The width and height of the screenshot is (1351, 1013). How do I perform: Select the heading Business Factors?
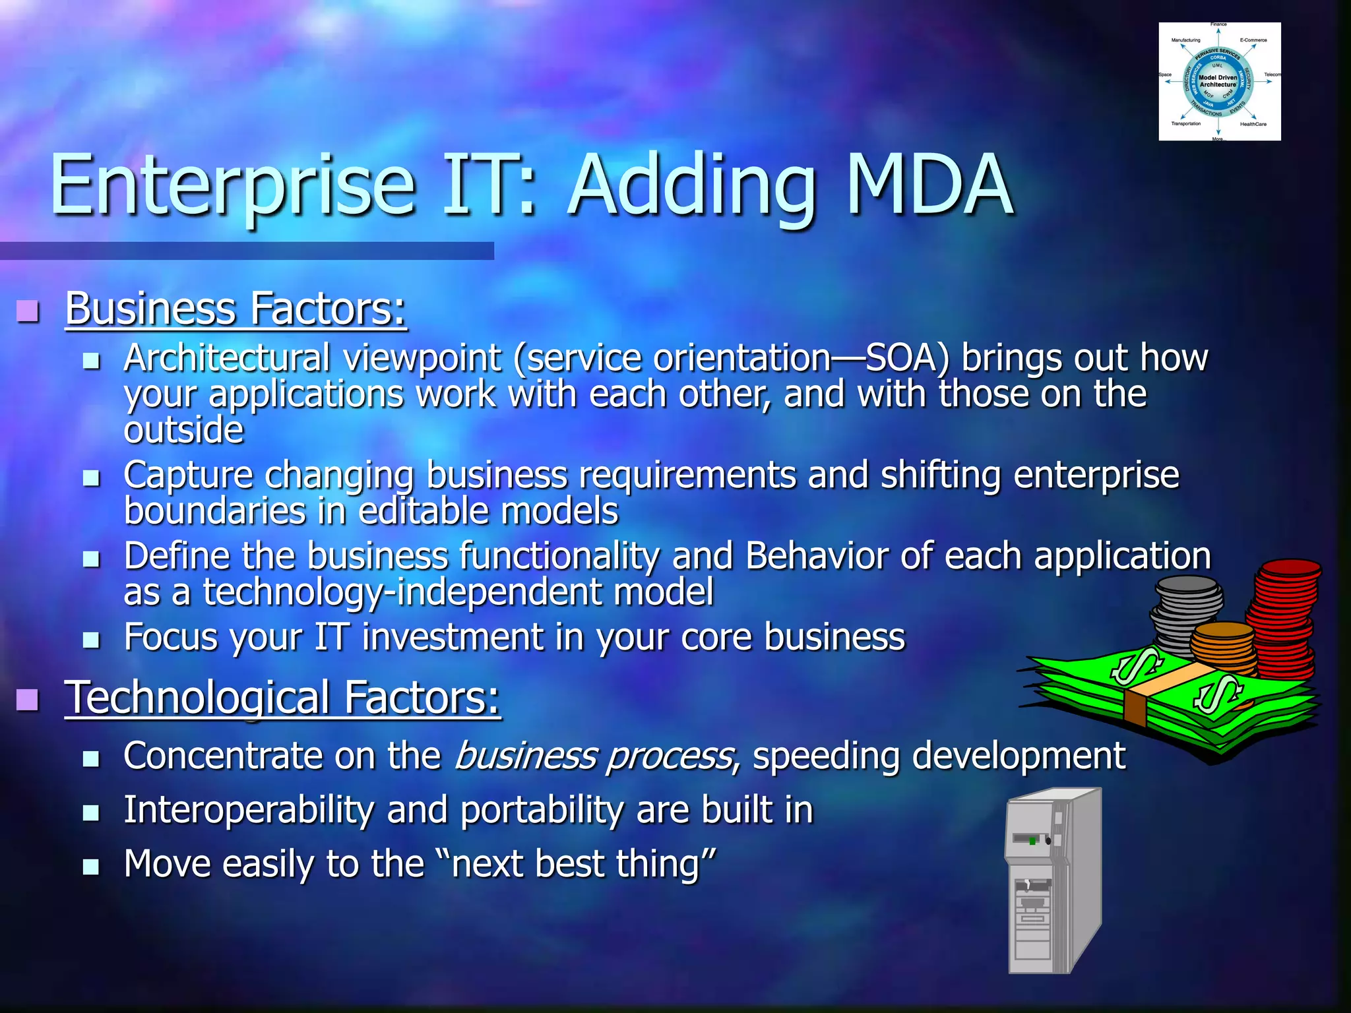click(236, 309)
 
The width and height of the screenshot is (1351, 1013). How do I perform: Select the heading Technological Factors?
click(282, 698)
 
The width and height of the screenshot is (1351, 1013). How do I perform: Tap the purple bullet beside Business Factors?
click(28, 310)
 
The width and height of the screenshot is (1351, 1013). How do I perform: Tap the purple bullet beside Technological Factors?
click(28, 699)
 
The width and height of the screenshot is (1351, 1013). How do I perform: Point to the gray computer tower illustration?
click(1052, 880)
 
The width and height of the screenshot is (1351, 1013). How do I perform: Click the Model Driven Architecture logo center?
click(1218, 81)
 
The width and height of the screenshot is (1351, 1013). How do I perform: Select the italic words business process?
click(594, 756)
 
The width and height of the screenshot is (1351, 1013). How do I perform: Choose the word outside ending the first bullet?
click(183, 431)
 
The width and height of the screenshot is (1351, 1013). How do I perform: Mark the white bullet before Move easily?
click(91, 867)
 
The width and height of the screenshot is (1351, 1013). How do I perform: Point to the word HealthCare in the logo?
click(1253, 124)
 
